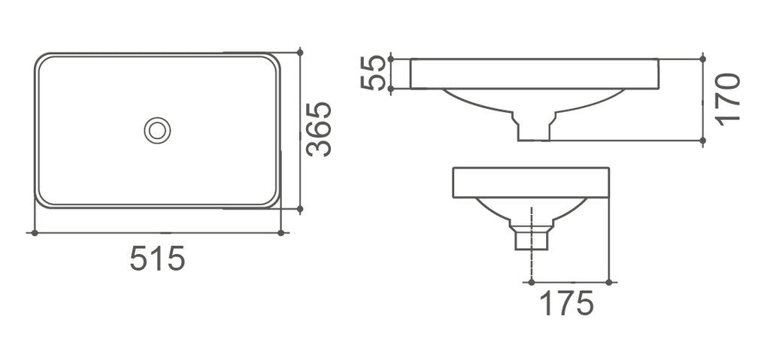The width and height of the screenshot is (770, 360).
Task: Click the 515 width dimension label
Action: coord(158,258)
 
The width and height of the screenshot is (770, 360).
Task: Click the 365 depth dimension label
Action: coord(319,129)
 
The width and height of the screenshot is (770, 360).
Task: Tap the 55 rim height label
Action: coord(373,73)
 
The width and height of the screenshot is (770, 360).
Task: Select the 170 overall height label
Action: coord(728,99)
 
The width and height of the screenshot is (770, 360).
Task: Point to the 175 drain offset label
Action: coord(567,303)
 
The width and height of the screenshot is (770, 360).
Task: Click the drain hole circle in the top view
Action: coord(157,131)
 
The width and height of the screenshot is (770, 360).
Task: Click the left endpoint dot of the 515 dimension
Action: coord(35,233)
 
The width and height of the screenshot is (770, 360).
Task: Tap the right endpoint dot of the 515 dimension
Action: coord(281,233)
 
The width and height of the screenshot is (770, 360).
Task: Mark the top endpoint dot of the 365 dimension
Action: coord(300,52)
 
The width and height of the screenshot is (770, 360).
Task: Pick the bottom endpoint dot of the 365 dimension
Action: coord(300,209)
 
